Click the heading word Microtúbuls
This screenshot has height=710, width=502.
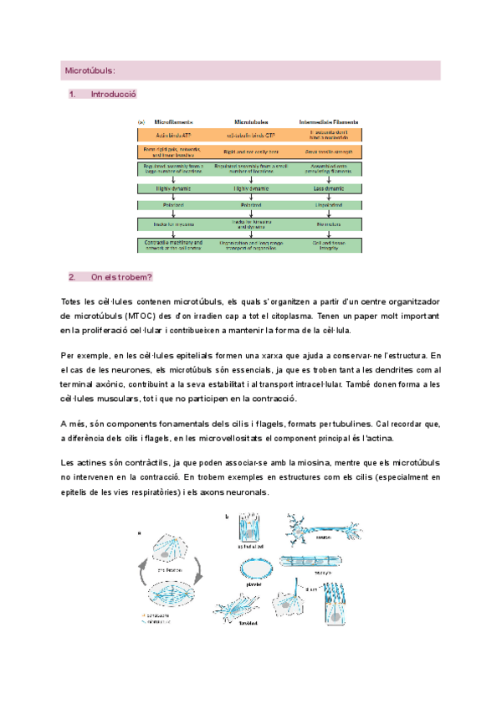tap(90, 71)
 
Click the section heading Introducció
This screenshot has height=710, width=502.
tap(113, 95)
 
